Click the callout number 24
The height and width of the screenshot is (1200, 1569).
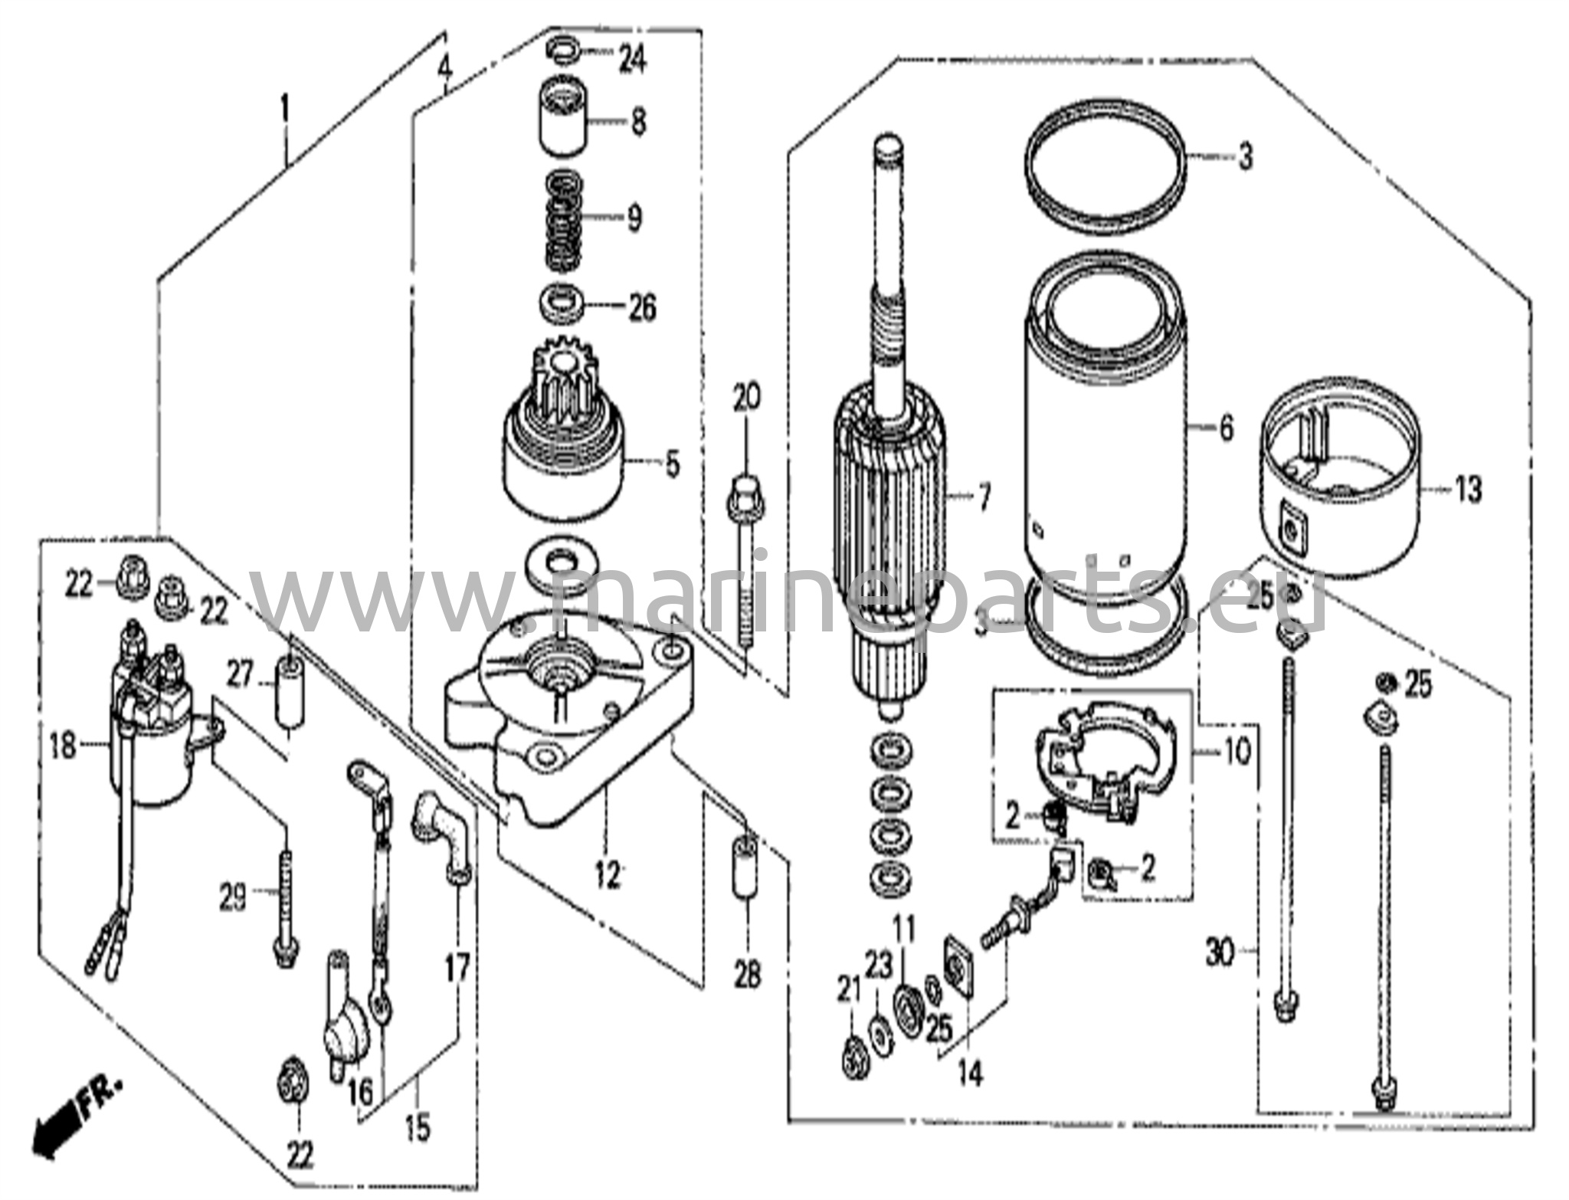click(632, 59)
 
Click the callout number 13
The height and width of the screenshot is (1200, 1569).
click(1467, 489)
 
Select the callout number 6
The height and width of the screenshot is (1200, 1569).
click(1226, 428)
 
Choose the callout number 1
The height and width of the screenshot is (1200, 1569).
click(285, 111)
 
